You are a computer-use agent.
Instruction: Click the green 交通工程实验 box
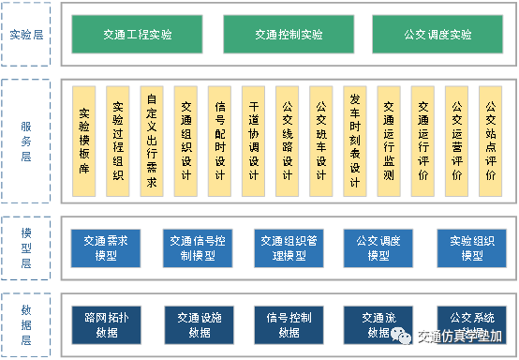[x=137, y=35]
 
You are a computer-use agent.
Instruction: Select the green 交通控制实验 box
[x=288, y=35]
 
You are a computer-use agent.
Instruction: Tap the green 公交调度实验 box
[x=437, y=35]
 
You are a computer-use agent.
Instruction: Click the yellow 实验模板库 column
[x=84, y=141]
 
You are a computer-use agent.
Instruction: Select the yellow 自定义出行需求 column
[x=152, y=141]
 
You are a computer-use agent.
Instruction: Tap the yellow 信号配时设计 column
[x=219, y=141]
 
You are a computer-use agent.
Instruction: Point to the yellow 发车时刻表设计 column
[x=354, y=141]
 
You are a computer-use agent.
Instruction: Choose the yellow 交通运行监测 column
[x=389, y=141]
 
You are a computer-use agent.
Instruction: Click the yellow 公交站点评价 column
[x=491, y=141]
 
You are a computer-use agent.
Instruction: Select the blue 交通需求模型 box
[x=106, y=247]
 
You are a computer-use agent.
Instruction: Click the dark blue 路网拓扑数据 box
[x=106, y=323]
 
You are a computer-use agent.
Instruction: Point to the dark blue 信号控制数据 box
[x=288, y=323]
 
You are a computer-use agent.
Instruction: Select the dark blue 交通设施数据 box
[x=197, y=323]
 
